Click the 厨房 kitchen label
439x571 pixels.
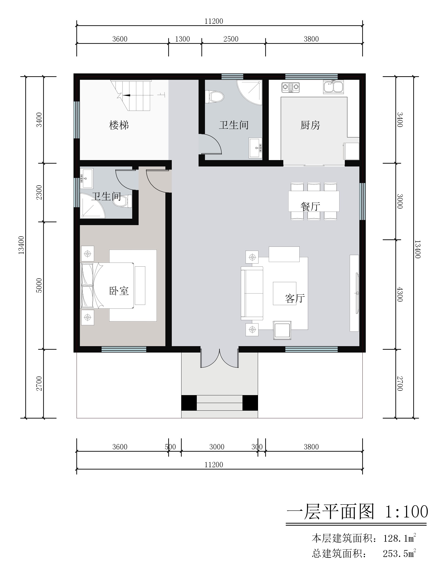pos(310,125)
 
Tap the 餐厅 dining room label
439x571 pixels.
pos(310,206)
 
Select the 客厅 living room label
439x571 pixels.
pos(295,298)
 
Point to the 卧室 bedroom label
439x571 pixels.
pos(119,291)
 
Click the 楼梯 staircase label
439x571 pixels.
pos(119,125)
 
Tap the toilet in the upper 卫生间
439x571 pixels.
pos(215,97)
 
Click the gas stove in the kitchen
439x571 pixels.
pos(290,87)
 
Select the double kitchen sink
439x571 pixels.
pos(333,87)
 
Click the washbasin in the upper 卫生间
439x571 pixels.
pos(255,148)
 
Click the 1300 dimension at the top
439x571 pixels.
pos(182,39)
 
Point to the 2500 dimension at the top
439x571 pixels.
pos(231,39)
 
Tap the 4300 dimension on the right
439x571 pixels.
pos(400,294)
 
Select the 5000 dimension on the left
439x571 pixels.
pos(39,285)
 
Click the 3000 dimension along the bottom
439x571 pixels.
pos(217,447)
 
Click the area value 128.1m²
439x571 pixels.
pos(399,538)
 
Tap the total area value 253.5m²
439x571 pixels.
pos(399,553)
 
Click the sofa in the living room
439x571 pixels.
pos(252,293)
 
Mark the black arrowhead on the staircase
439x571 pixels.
pos(127,95)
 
